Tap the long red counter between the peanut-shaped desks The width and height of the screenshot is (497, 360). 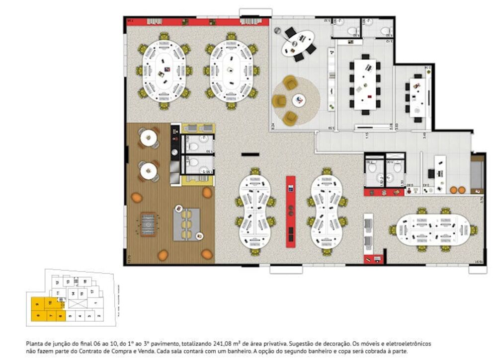[x=290, y=211]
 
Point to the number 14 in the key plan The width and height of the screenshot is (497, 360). [x=73, y=294]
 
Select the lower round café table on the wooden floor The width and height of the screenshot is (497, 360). [x=148, y=171]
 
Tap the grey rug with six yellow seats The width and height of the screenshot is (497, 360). [x=186, y=223]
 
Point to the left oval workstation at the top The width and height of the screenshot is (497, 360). [x=164, y=71]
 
